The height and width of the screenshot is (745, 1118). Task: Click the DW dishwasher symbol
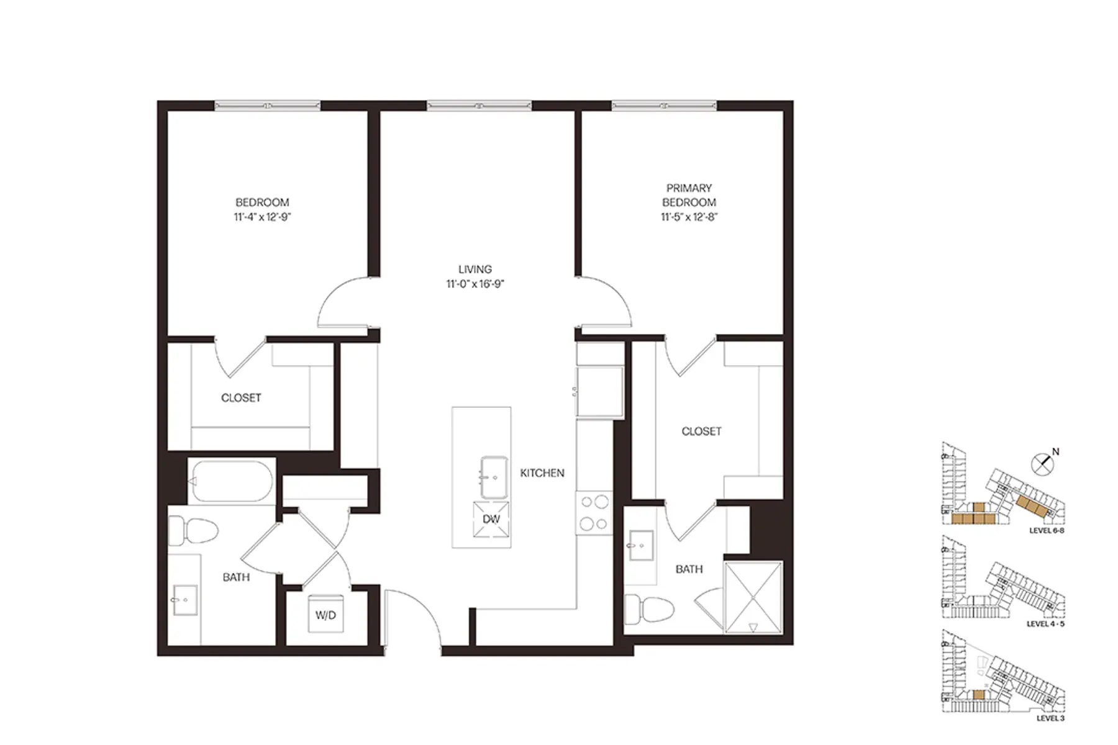click(x=491, y=519)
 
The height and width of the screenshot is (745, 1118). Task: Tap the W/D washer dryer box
click(x=325, y=615)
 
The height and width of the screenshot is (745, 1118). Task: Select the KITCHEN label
click(x=542, y=473)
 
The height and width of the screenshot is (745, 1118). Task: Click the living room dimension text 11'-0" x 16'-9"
click(x=475, y=284)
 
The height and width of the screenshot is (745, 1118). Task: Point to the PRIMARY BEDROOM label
click(x=689, y=195)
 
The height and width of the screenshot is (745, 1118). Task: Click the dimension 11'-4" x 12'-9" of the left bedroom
click(x=262, y=217)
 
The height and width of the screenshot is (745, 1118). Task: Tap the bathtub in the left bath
click(x=231, y=481)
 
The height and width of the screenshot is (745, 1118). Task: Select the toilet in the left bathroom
click(x=193, y=531)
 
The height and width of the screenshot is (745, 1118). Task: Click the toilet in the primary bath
click(x=649, y=608)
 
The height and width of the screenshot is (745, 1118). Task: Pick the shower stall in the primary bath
click(x=753, y=597)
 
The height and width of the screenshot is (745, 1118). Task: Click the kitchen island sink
click(x=494, y=477)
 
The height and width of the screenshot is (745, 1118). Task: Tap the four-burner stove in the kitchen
click(x=594, y=513)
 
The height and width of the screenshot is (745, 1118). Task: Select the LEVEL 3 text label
click(x=1050, y=718)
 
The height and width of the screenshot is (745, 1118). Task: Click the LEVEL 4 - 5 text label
click(x=1045, y=624)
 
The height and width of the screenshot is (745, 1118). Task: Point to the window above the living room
click(x=479, y=106)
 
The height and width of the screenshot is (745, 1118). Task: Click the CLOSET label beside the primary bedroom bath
click(x=701, y=431)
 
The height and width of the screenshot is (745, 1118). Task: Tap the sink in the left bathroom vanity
click(x=185, y=600)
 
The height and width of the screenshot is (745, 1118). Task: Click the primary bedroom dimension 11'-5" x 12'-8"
click(x=689, y=217)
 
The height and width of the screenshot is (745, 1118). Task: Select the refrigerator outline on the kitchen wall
click(x=599, y=391)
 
